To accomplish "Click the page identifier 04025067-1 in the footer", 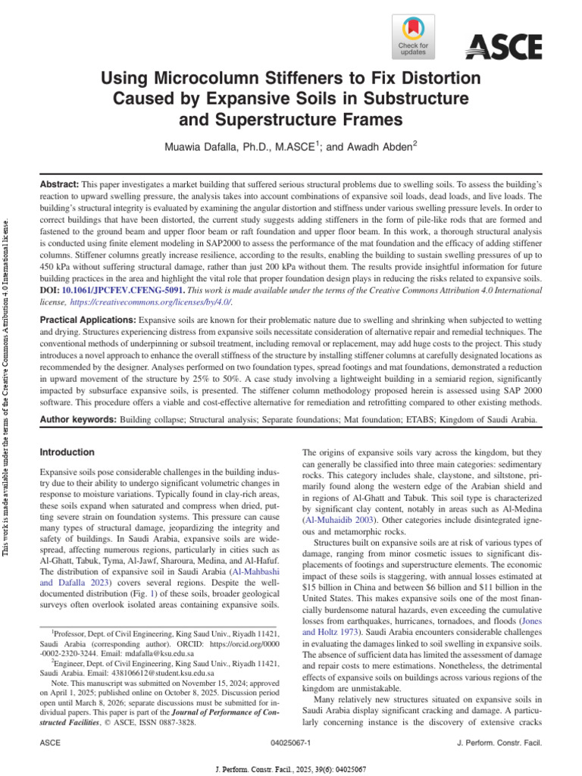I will coord(290,746).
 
